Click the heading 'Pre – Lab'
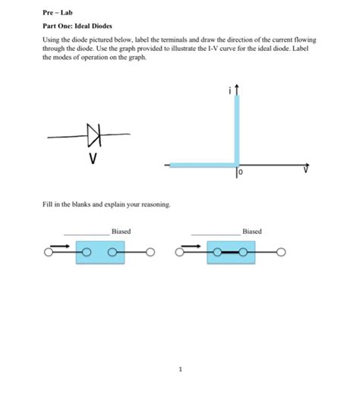tap(57, 13)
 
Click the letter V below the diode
tap(93, 159)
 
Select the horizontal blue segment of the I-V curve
tap(201, 164)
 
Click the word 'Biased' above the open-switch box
tap(121, 231)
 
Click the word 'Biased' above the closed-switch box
tap(252, 231)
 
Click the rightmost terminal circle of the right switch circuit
tap(281, 253)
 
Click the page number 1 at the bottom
tap(181, 370)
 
